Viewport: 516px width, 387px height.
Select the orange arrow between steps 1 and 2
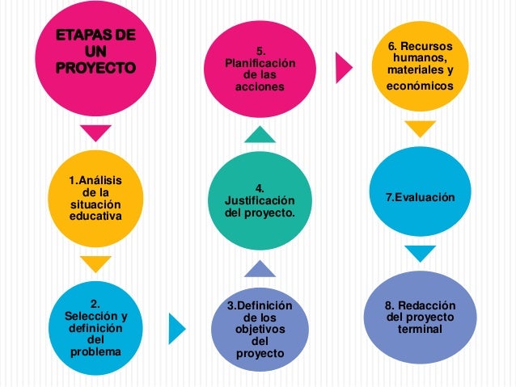click(95, 263)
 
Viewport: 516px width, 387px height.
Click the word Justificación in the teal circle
click(260, 200)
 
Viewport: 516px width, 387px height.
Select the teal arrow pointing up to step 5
click(259, 133)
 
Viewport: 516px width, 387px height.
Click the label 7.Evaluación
click(420, 197)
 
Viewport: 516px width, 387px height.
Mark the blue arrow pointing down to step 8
click(420, 254)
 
